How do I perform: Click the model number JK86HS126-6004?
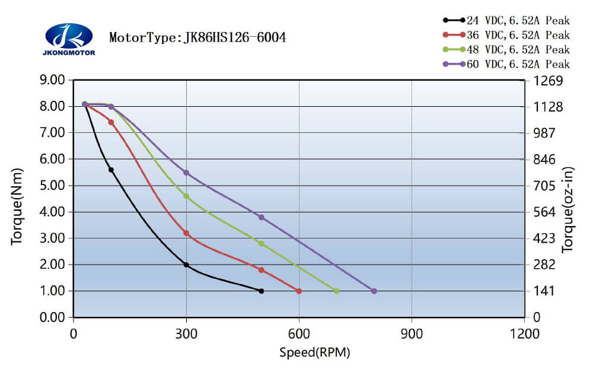235,38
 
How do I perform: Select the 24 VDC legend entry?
506,20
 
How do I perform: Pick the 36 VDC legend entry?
506,35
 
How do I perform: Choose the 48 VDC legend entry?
506,49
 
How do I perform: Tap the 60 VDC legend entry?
506,64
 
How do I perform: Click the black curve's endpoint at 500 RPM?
261,291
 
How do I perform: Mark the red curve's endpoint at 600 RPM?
299,291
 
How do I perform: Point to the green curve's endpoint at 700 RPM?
336,291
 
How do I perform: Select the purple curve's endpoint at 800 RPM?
374,291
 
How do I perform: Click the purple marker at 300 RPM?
186,173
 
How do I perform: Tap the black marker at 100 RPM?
111,170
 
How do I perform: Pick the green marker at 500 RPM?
261,243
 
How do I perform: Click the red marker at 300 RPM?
186,233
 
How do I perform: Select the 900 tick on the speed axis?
412,334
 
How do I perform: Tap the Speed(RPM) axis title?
315,353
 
